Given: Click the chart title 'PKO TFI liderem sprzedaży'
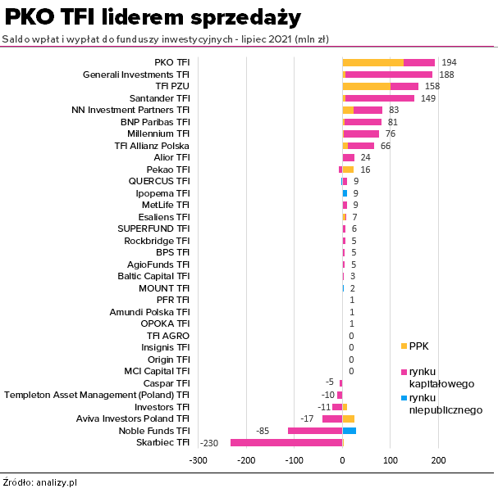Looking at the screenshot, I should tap(153, 17).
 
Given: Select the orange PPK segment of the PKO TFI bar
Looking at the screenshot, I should tap(372, 62).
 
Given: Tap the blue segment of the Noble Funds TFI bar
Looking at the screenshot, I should tap(350, 430).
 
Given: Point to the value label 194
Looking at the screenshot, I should tap(449, 62).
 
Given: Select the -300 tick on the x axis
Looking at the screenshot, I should tap(198, 460).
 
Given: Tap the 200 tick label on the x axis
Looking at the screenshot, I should tap(438, 460).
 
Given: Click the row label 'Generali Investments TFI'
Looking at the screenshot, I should tap(136, 75).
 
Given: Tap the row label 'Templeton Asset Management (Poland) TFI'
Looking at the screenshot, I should tap(97, 395).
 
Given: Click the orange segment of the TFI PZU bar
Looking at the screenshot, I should tap(366, 86).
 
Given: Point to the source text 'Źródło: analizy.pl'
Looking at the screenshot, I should tap(39, 482).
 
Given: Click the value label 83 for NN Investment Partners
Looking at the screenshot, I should tap(394, 110).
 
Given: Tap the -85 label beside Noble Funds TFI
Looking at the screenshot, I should tap(263, 430).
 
